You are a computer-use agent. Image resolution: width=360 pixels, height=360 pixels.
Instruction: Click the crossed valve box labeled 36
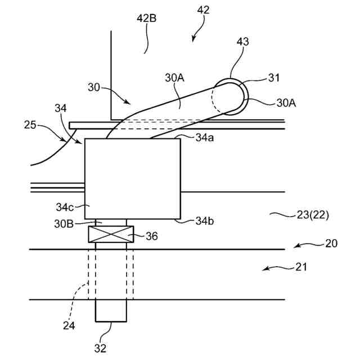pos(111,235)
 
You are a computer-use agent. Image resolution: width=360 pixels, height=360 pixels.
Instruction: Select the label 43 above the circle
pos(243,42)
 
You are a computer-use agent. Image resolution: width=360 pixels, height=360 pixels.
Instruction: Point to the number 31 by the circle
pos(274,78)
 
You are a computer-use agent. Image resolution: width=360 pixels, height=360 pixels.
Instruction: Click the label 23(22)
pos(312,214)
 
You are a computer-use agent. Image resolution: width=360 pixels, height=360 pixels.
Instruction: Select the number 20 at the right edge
pos(331,244)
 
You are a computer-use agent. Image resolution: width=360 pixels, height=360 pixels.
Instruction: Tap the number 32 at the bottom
pos(101,348)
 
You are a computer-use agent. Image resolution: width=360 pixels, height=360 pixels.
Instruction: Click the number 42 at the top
pos(203,9)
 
